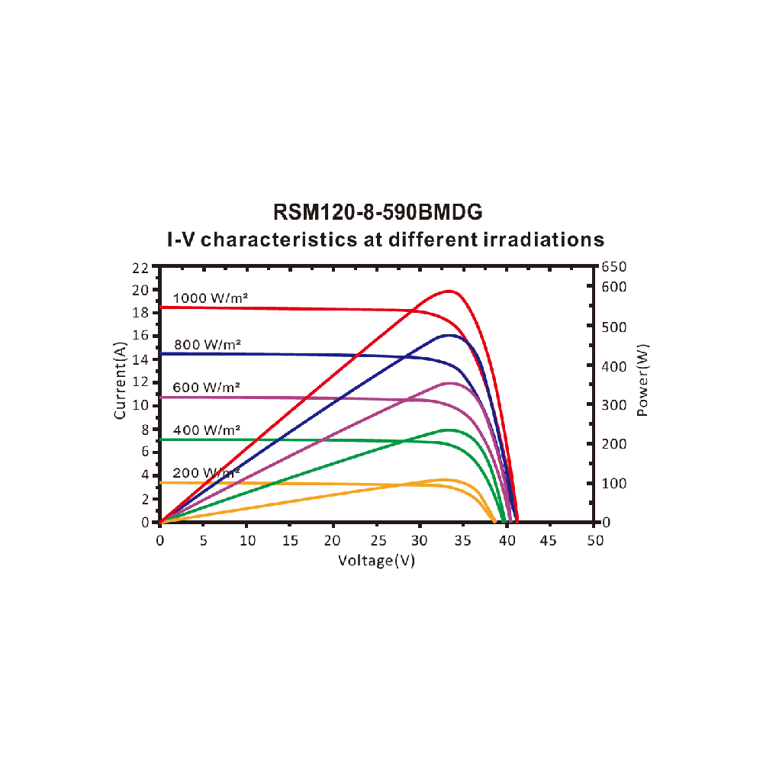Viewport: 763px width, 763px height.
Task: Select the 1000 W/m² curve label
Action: [x=210, y=298]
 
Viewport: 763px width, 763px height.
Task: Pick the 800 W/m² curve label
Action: [x=207, y=344]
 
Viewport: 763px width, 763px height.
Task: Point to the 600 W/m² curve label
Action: [x=206, y=387]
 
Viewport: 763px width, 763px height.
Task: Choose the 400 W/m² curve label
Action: [x=206, y=430]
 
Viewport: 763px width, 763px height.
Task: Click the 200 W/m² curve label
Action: [x=206, y=472]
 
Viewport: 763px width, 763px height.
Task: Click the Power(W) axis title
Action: [x=642, y=379]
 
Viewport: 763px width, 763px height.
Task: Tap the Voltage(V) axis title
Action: [x=377, y=560]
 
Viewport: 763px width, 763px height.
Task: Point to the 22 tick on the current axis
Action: [x=140, y=267]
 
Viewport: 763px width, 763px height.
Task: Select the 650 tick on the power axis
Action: [x=613, y=267]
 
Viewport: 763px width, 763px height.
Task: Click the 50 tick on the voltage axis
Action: [x=595, y=540]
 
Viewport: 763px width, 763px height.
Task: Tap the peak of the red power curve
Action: [x=449, y=291]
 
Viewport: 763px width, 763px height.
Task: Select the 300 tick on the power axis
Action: [x=613, y=404]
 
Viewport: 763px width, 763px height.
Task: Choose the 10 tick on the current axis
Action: [x=140, y=405]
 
